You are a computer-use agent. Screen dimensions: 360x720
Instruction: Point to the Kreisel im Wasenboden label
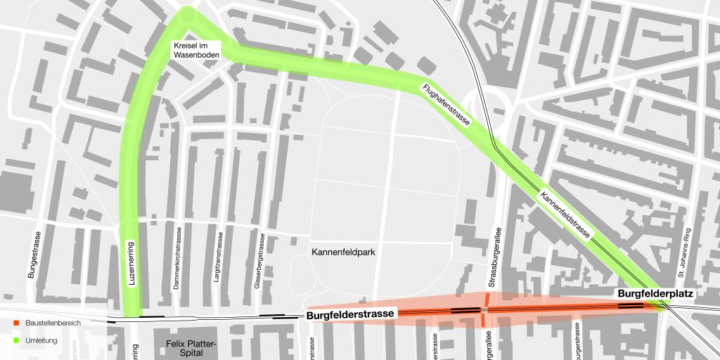pos(198,50)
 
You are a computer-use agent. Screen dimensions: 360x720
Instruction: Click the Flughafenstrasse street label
pos(446,105)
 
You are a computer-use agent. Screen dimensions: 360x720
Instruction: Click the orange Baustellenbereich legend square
pos(16,323)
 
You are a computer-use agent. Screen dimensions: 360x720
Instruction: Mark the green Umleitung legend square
pos(16,340)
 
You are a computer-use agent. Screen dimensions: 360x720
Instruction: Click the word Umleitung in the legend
pos(40,340)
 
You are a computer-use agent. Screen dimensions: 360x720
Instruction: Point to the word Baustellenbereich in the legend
pos(53,323)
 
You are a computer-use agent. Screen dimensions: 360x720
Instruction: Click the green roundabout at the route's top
pos(188,14)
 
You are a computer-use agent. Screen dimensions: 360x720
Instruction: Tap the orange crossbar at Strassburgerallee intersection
pos(484,309)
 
